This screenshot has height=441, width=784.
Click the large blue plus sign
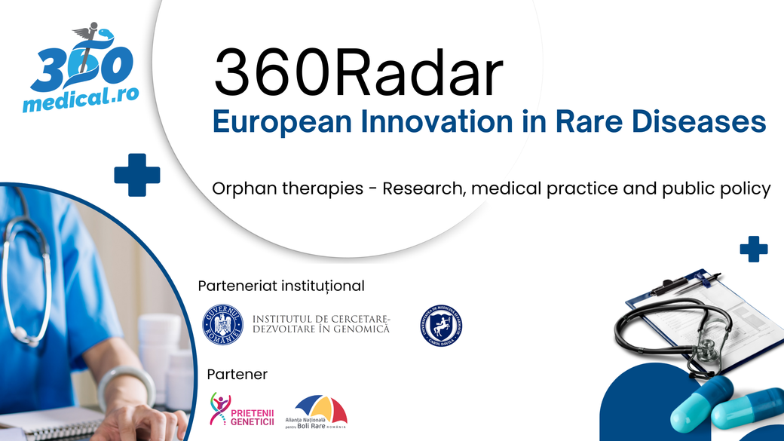[137, 174]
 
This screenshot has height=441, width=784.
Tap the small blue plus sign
[753, 249]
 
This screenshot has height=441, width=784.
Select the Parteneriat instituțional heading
[280, 286]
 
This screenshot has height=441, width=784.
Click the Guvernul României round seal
[222, 325]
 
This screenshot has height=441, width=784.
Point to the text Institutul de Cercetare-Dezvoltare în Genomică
[321, 324]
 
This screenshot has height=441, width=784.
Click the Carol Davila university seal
[441, 325]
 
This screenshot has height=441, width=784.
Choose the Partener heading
[237, 375]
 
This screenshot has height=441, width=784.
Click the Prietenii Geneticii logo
[241, 409]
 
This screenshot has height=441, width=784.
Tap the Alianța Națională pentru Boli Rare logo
[320, 412]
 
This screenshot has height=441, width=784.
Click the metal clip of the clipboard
[667, 286]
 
